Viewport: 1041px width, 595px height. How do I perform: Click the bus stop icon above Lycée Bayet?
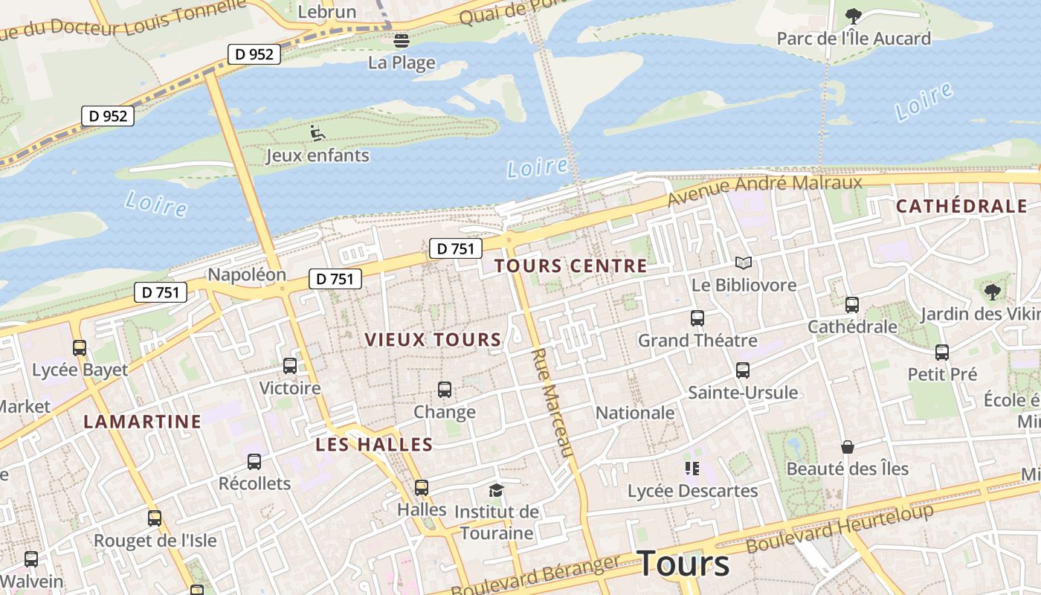(80, 347)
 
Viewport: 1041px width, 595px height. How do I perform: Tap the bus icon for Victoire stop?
(290, 366)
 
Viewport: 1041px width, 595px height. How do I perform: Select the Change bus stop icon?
(445, 389)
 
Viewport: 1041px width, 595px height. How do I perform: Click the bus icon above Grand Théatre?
(697, 318)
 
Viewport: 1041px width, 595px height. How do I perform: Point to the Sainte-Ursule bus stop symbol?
(742, 370)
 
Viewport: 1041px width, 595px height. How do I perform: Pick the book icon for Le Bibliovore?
(744, 263)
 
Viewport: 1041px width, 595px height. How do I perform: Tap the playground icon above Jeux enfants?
(318, 134)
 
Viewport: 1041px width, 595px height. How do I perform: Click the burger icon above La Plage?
(402, 40)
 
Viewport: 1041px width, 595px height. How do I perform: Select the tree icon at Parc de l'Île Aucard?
(854, 16)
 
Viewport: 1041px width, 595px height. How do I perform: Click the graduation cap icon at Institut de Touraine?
(496, 489)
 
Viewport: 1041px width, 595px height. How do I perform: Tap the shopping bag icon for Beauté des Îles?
(847, 446)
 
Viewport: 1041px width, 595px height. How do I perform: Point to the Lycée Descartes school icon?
(692, 469)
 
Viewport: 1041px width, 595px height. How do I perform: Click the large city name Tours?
(683, 564)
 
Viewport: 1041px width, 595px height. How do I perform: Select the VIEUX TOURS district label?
(433, 340)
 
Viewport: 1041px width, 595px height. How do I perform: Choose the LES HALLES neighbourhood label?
(374, 445)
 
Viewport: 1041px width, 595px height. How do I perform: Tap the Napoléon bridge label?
(246, 274)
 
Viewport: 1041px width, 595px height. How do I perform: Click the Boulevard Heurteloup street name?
(839, 529)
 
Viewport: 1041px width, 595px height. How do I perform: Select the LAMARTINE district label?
(142, 422)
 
